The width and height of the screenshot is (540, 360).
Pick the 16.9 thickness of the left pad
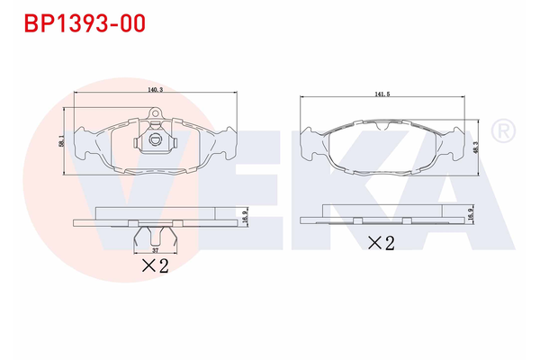click(x=244, y=218)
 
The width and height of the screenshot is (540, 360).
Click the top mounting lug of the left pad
click(x=154, y=113)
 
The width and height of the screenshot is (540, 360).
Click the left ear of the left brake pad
click(x=84, y=144)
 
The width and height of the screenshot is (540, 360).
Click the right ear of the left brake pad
click(x=225, y=144)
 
